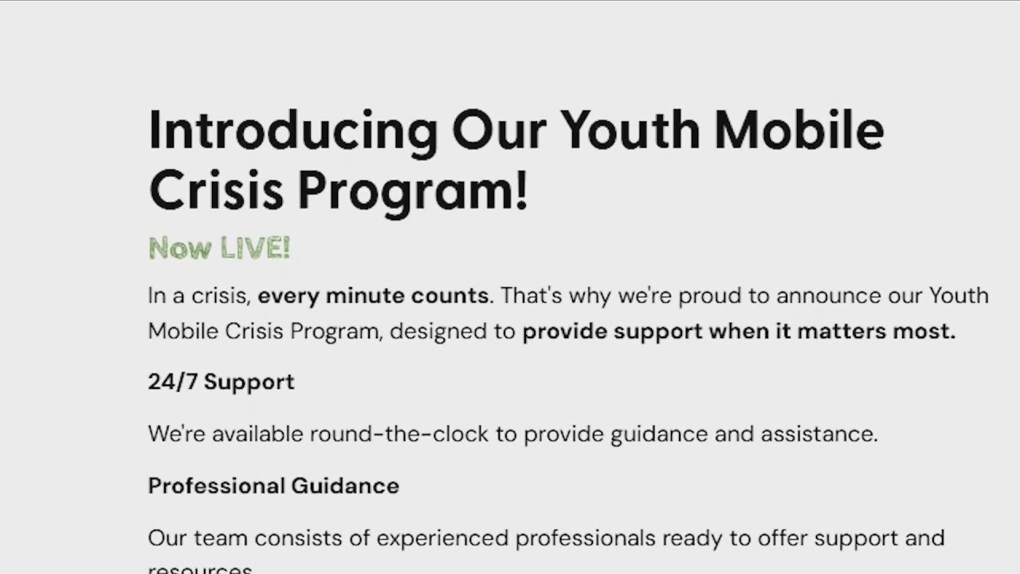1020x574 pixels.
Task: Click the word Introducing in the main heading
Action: click(292, 132)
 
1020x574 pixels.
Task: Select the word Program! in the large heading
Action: click(413, 192)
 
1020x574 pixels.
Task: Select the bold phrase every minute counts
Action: click(373, 296)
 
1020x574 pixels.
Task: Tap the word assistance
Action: click(819, 434)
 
